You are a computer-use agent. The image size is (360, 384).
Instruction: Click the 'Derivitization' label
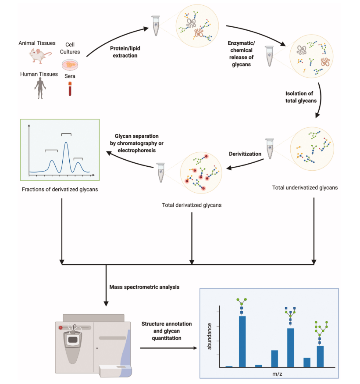click(x=245, y=154)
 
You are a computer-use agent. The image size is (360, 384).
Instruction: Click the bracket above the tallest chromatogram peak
click(x=66, y=133)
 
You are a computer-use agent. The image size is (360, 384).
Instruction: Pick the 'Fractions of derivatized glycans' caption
click(x=60, y=189)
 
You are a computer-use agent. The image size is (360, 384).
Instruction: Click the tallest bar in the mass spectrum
click(x=242, y=341)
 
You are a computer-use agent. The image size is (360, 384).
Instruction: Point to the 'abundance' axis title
click(x=210, y=336)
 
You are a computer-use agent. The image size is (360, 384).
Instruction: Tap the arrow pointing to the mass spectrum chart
click(x=169, y=348)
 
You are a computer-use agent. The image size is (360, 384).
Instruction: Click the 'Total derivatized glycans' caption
click(x=191, y=205)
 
